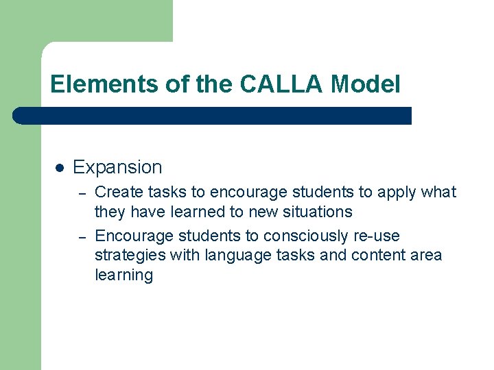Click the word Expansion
point(117,167)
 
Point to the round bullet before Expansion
point(60,167)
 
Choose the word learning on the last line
point(123,276)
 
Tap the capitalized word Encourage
point(134,236)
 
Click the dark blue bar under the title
point(213,116)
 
